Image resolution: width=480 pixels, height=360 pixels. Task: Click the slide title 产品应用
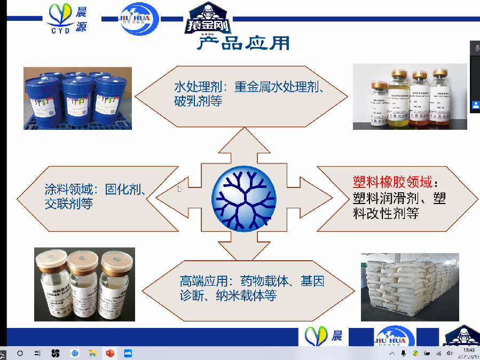(x=243, y=43)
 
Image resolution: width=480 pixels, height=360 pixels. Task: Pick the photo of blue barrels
(x=77, y=98)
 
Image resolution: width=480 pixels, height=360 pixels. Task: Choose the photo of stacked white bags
(x=410, y=286)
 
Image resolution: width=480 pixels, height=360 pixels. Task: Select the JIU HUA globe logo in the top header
(x=138, y=19)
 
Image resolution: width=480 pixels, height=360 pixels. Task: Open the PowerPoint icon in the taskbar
(x=110, y=354)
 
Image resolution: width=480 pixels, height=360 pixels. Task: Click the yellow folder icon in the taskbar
(x=92, y=354)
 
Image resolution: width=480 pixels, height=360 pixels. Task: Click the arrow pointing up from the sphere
(x=244, y=144)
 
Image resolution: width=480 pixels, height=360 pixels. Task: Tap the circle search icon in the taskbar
(x=20, y=354)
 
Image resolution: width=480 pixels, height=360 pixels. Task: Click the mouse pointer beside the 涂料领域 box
(x=179, y=188)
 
